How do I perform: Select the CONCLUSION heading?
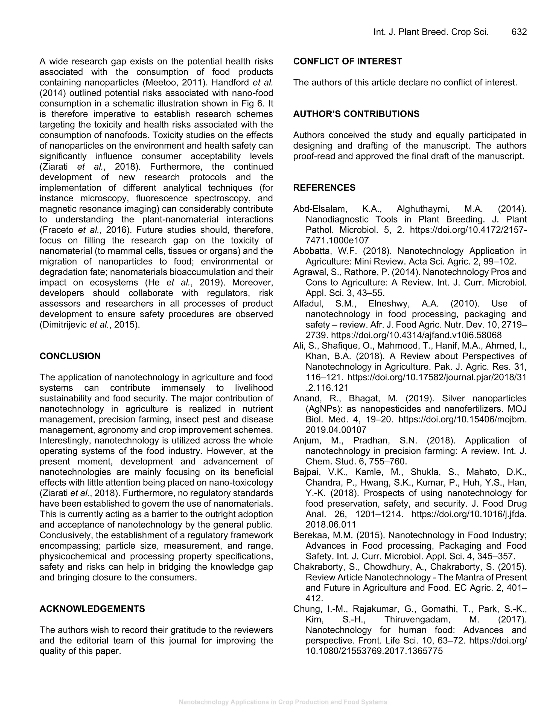[70, 356]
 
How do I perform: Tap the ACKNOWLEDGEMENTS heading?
[92, 609]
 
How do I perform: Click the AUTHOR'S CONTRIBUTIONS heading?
[356, 114]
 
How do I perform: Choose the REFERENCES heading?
[324, 188]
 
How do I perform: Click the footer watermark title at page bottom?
[283, 702]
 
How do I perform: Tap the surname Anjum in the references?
[305, 440]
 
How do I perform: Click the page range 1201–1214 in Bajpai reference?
[379, 514]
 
